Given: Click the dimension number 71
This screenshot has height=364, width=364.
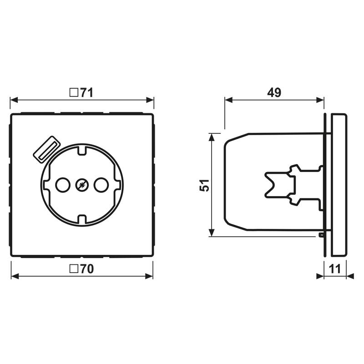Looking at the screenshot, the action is click(87, 93).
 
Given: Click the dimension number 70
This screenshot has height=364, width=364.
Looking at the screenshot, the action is click(87, 269).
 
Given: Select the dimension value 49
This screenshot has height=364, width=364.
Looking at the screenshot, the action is click(274, 92).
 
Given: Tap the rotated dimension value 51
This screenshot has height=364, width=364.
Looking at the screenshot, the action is click(204, 185).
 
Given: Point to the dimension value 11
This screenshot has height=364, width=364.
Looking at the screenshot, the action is click(335, 269).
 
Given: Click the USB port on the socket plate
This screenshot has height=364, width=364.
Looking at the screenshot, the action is click(47, 149).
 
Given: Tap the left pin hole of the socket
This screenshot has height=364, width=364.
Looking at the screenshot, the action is click(63, 185).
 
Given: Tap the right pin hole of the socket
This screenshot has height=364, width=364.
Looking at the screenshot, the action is click(101, 185).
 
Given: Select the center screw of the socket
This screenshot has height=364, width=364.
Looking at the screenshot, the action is click(82, 185).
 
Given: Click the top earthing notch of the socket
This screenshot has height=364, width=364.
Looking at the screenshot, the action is click(82, 150).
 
